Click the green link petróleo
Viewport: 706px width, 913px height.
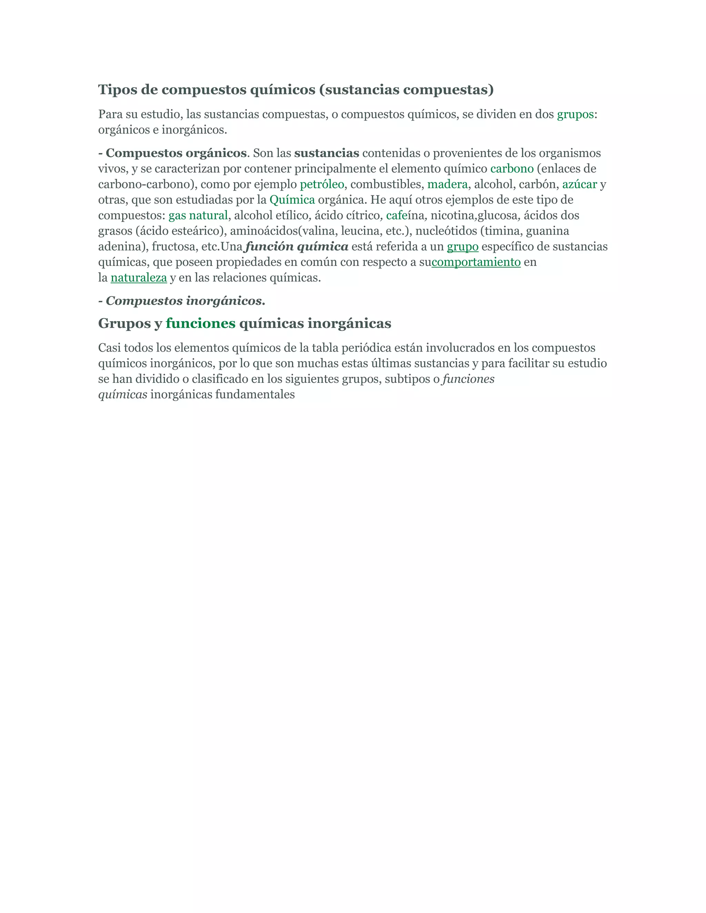[x=322, y=184]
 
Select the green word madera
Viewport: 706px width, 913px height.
[x=447, y=184]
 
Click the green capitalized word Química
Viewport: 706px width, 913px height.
[x=292, y=200]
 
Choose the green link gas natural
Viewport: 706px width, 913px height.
[x=198, y=215]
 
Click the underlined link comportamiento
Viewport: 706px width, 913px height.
[x=476, y=262]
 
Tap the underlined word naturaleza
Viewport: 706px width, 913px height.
[x=139, y=278]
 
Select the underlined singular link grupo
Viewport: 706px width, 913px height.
[x=462, y=247]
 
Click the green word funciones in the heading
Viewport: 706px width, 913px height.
[x=200, y=323]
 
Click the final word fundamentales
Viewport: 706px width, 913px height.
[x=255, y=394]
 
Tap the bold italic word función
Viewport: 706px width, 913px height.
[x=269, y=247]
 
